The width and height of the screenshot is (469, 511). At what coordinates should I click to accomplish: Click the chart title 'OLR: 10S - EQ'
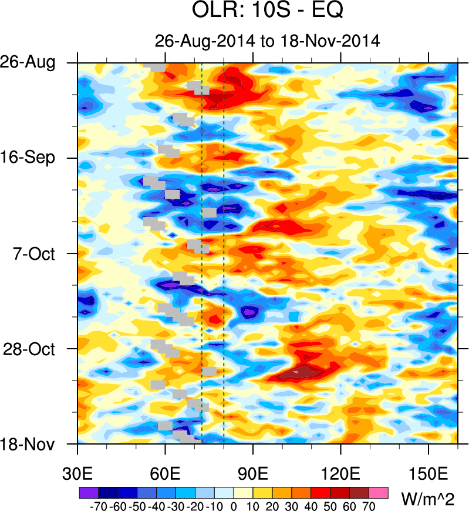268,11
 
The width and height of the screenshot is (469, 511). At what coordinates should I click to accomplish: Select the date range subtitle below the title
268,41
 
